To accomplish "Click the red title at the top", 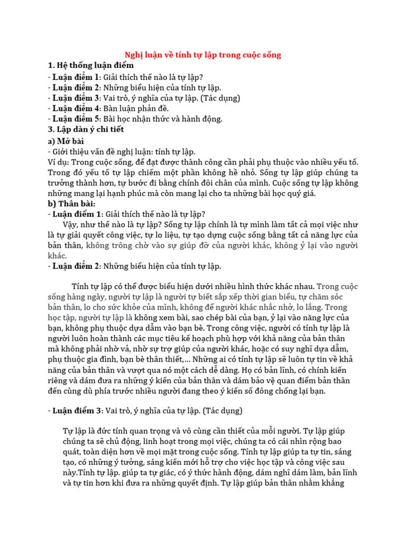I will pyautogui.click(x=202, y=55).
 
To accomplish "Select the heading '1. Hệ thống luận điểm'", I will pyautogui.click(x=90, y=66).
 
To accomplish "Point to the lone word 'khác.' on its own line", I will pyautogui.click(x=57, y=256).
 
